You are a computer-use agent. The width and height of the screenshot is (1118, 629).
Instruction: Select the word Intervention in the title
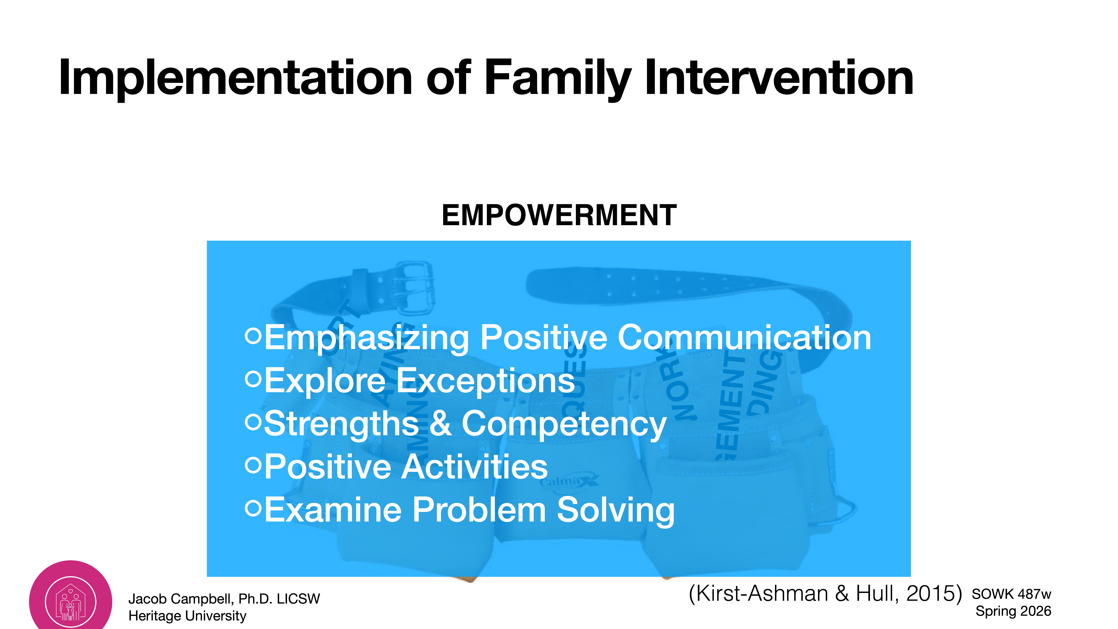point(779,78)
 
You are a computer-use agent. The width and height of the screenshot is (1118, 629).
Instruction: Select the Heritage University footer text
point(188,616)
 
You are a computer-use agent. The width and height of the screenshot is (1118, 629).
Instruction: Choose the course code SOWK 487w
point(1011,594)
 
